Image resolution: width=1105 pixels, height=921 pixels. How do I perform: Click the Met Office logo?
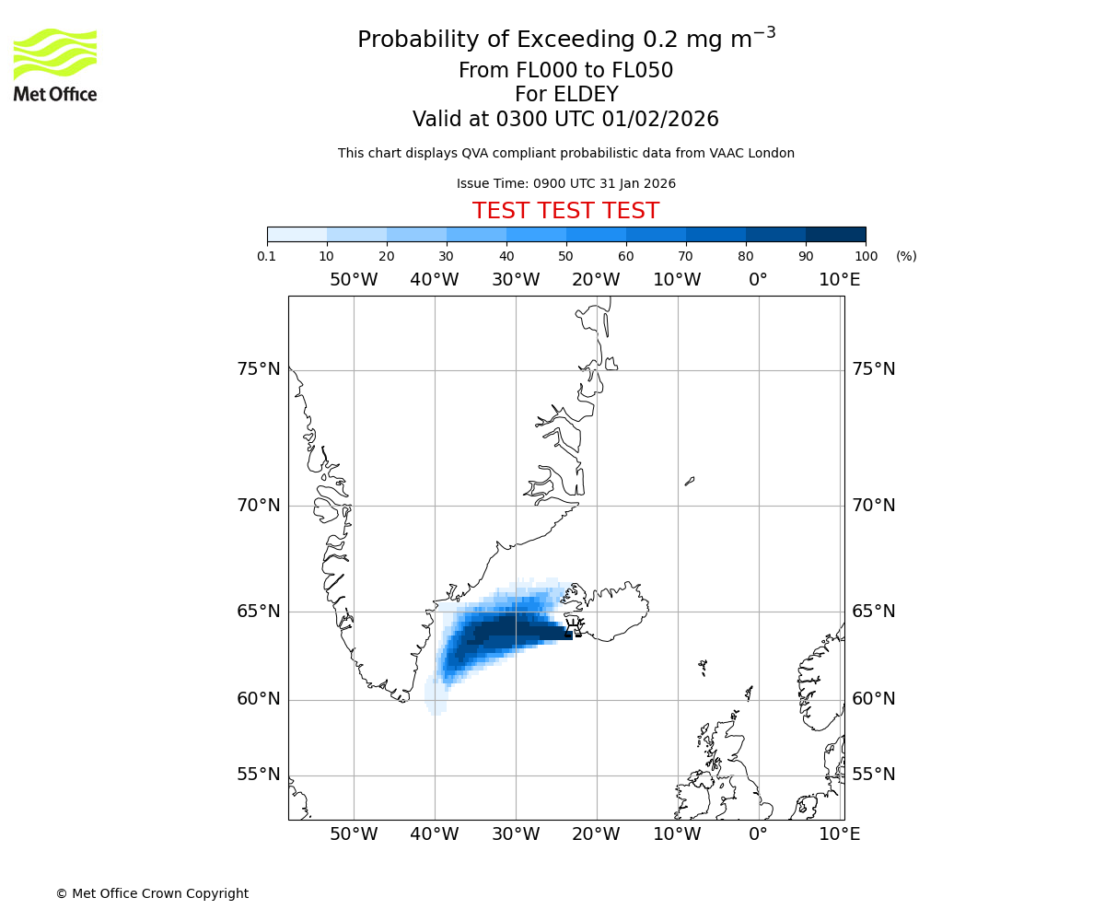[x=55, y=64]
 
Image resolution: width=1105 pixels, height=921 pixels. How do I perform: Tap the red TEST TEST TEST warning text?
[x=565, y=211]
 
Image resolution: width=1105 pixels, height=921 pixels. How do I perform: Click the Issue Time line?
[x=565, y=183]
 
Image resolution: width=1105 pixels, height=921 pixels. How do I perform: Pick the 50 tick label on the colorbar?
[x=566, y=256]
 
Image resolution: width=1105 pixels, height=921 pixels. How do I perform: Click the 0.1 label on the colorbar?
[x=267, y=256]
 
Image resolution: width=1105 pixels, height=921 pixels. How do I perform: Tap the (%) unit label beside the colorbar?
[x=906, y=256]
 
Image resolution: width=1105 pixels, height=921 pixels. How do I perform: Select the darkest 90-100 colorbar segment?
[x=835, y=234]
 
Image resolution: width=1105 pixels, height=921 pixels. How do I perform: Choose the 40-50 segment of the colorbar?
[x=536, y=234]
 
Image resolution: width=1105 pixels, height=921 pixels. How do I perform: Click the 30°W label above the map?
[x=516, y=280]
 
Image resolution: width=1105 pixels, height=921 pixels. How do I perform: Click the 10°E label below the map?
[x=840, y=834]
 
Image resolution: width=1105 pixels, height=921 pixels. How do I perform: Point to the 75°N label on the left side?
[x=258, y=369]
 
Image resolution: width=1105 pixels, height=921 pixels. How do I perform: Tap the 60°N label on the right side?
[x=873, y=699]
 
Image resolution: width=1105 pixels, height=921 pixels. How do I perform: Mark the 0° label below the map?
[x=758, y=834]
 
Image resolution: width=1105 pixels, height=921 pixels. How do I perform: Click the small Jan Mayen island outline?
[x=690, y=480]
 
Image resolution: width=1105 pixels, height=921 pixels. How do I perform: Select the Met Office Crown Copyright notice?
[x=152, y=893]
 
